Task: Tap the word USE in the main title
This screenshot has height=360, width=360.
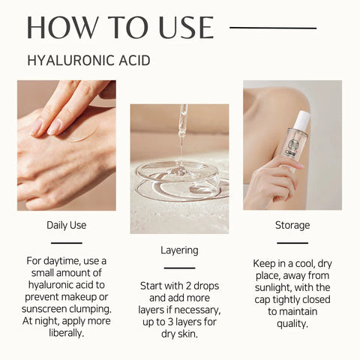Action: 186,28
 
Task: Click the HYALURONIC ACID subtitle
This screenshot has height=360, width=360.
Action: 88,61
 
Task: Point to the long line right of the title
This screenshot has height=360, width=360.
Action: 273,28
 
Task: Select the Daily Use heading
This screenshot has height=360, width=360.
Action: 67,225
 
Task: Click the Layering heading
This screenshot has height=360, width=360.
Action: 179,250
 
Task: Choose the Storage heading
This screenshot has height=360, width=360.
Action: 292,225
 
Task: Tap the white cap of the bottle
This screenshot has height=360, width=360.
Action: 302,121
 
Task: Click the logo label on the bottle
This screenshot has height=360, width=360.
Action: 292,148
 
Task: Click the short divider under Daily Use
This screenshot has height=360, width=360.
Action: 67,243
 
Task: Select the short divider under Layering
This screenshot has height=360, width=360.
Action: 179,268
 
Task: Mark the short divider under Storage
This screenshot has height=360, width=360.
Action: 292,243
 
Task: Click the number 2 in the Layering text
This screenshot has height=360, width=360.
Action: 188,286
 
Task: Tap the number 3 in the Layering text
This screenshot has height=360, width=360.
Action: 170,322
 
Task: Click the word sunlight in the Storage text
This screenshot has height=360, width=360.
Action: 271,288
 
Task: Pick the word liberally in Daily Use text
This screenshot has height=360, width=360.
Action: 67,333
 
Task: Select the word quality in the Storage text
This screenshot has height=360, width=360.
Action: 292,324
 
